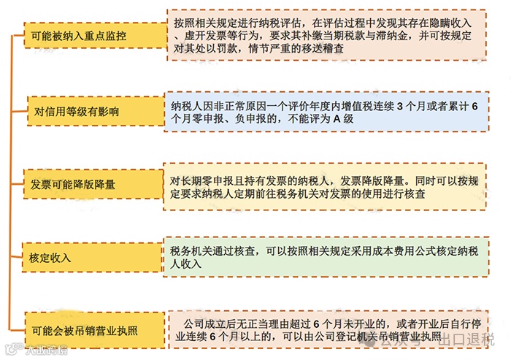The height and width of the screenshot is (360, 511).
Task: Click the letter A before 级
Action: [x=337, y=119]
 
